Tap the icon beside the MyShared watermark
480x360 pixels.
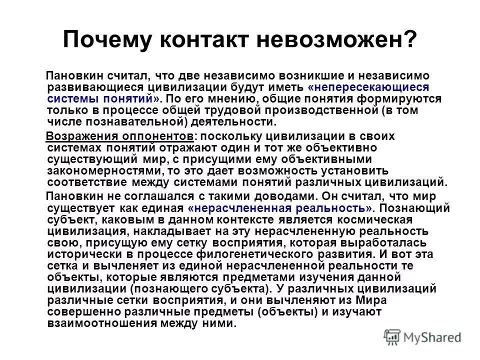point(391,337)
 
